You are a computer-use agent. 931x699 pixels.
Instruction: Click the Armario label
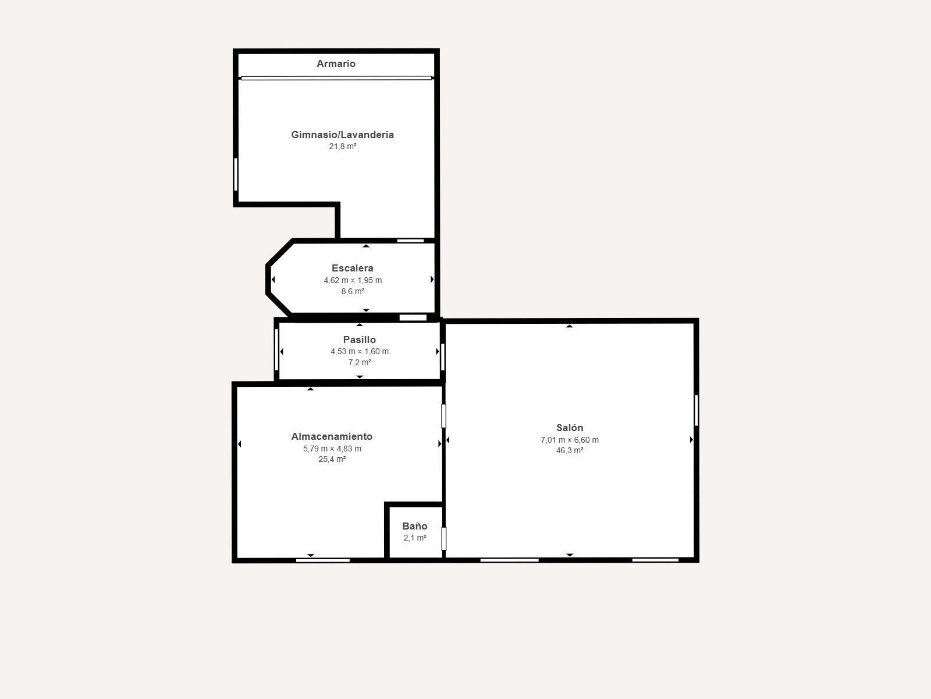[336, 63]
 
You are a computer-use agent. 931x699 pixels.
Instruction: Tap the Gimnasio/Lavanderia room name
[342, 135]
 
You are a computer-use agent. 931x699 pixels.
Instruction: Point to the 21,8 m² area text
[343, 146]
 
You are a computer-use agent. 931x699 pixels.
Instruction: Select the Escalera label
[353, 268]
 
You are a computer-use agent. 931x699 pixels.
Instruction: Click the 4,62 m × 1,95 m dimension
[353, 280]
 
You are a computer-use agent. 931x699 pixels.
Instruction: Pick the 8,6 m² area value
[353, 291]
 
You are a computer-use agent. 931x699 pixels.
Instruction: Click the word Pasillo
[359, 340]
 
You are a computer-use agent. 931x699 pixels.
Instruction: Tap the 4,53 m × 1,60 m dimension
[360, 351]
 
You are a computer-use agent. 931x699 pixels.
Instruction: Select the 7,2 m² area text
[360, 362]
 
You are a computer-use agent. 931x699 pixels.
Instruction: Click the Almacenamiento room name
[332, 436]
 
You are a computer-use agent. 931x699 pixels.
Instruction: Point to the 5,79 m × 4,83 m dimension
[332, 449]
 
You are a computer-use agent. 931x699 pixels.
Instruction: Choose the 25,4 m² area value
[332, 459]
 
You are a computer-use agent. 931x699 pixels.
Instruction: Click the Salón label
[570, 428]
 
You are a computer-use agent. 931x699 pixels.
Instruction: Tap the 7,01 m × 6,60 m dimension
[570, 440]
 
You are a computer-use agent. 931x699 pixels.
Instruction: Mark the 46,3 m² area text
[570, 450]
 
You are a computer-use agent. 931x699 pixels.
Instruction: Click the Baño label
[415, 526]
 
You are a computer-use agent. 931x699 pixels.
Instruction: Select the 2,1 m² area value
[415, 538]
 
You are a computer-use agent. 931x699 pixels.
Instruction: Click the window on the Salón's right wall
[696, 410]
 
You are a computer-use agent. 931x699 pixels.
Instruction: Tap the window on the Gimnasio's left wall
[236, 174]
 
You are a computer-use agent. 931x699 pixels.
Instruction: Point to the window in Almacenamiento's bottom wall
[323, 560]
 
